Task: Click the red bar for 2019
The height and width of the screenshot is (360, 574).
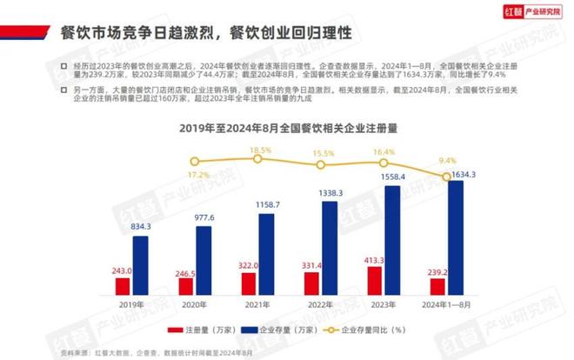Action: click(x=123, y=286)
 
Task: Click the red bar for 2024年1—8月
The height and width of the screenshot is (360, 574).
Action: click(x=438, y=287)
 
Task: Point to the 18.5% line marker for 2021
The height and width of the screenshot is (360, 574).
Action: click(x=257, y=159)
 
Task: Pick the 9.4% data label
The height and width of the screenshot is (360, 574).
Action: click(x=448, y=160)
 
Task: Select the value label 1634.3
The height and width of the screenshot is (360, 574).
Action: click(x=463, y=174)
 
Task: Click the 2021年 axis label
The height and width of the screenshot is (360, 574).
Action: click(x=257, y=304)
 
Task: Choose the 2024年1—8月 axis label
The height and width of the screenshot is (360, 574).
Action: click(x=446, y=304)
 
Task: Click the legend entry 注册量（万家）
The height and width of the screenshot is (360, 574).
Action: click(x=197, y=331)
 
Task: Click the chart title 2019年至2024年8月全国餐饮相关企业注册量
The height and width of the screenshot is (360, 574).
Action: click(x=286, y=128)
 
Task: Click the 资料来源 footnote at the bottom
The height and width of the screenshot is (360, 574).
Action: click(x=157, y=351)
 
